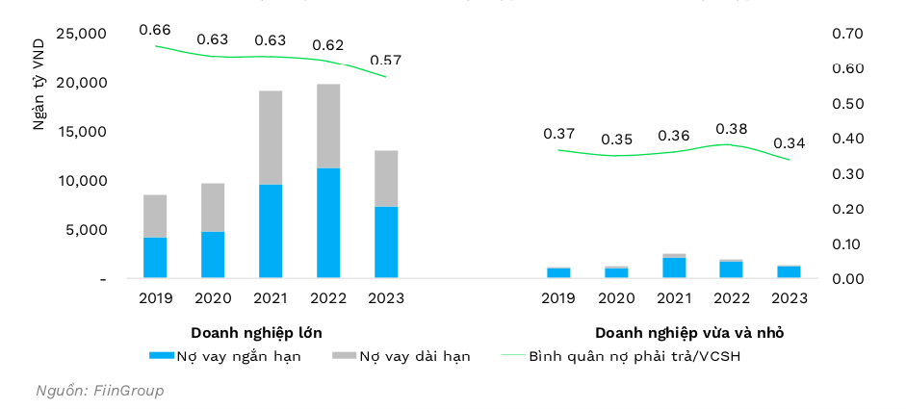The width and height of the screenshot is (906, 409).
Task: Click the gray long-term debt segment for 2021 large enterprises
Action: pos(271,138)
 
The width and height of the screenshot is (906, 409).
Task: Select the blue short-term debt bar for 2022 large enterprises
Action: pos(328,223)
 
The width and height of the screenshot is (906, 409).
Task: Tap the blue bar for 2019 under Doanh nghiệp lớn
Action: pos(155,258)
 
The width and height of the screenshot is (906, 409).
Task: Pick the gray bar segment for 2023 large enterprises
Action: pos(386,178)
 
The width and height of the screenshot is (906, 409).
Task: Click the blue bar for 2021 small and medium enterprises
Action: pos(674,268)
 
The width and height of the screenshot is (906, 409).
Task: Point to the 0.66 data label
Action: pos(155,30)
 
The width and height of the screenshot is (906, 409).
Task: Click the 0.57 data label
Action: pos(386,60)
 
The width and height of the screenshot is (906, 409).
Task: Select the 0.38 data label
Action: pos(732,128)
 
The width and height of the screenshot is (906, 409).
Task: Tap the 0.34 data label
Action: pos(790,143)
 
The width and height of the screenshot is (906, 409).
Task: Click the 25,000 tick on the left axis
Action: pos(81,35)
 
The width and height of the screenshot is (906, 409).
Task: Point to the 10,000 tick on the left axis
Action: pos(81,181)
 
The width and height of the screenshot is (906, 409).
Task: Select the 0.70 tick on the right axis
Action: pos(848,35)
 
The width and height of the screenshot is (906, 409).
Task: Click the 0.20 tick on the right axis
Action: pos(848,209)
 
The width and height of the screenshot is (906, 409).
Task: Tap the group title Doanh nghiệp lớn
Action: pos(256,333)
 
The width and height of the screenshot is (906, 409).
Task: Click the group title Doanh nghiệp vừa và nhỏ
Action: pos(689,333)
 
